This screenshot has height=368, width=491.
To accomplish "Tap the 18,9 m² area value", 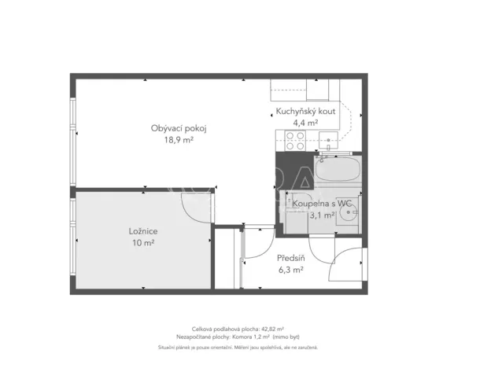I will pos(179,141).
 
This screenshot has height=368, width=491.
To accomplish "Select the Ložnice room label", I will pos(143,231).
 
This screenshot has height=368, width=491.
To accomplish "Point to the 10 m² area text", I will pos(143,243).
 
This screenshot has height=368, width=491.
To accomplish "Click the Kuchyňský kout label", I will pos(305,112).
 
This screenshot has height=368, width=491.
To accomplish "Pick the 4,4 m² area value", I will pos(305,123).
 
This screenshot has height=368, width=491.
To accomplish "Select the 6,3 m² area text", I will pos(290,270).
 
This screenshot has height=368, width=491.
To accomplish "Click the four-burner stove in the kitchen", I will pos(295,141).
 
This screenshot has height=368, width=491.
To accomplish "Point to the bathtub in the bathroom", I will pos(337,169).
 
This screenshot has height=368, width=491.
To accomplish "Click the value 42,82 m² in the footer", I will pos(271,329).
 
